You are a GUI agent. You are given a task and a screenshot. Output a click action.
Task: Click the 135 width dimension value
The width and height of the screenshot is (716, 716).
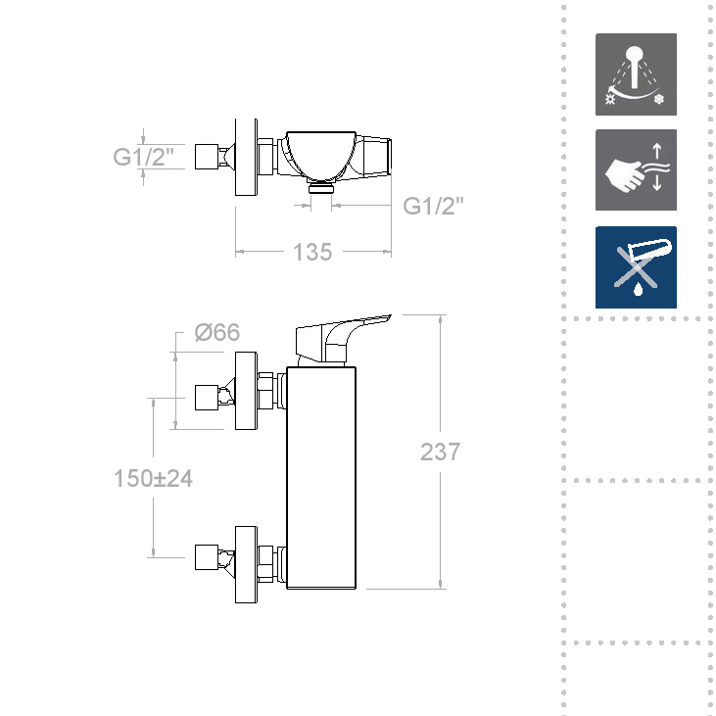pyautogui.click(x=312, y=252)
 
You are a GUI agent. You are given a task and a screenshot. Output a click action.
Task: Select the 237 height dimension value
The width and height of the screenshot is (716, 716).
pyautogui.click(x=440, y=452)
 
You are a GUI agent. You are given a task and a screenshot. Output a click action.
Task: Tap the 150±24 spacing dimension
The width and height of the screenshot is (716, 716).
pyautogui.click(x=153, y=479)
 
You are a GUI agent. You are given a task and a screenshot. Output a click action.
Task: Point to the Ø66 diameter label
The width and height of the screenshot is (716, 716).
pyautogui.click(x=216, y=332)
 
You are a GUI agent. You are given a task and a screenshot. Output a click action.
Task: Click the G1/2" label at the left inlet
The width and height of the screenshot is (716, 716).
pyautogui.click(x=143, y=157)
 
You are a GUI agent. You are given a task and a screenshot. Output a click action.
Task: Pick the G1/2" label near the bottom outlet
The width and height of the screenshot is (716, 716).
pyautogui.click(x=433, y=206)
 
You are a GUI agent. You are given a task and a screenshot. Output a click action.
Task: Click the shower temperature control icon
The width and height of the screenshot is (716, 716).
pyautogui.click(x=636, y=74)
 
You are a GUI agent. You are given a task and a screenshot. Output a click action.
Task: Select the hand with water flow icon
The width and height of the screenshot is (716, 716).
pyautogui.click(x=636, y=169)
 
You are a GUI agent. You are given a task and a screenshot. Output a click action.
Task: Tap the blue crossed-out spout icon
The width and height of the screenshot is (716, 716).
pyautogui.click(x=636, y=267)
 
